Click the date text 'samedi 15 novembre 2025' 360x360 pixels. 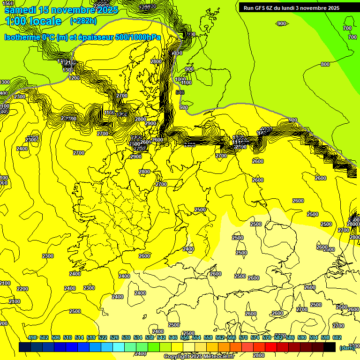click(x=61, y=9)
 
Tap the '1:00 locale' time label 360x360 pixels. click(x=33, y=21)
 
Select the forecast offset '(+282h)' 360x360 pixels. click(x=83, y=21)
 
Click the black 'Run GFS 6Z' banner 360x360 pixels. click(x=292, y=8)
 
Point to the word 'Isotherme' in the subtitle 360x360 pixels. click(x=22, y=37)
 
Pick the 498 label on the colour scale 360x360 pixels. click(x=32, y=337)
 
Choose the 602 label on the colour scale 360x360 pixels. click(x=337, y=337)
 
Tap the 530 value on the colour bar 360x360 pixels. click(x=126, y=337)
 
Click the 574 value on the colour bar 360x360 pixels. click(x=255, y=337)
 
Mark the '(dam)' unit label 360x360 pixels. click(x=347, y=347)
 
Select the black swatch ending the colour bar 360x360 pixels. click(x=330, y=347)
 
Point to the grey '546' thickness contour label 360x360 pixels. click(x=180, y=92)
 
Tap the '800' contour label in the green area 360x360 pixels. click(x=325, y=64)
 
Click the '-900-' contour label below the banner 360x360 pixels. click(x=281, y=23)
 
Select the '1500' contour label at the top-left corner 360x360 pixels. click(x=7, y=3)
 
